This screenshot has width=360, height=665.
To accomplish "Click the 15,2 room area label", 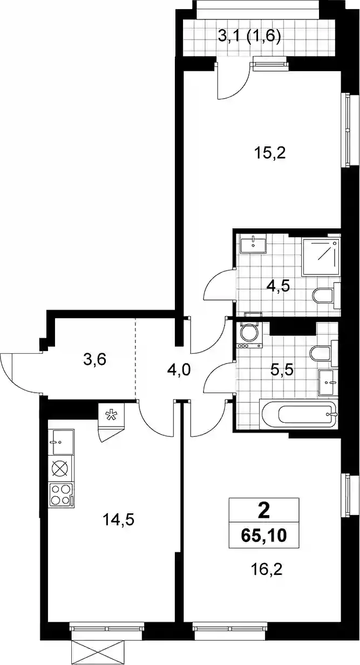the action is pos(270,154).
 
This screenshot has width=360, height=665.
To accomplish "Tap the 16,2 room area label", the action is pos(267,569).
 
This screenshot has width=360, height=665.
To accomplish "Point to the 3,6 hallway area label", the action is pos(95,360).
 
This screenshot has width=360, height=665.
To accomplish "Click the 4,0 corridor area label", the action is pos(179,370).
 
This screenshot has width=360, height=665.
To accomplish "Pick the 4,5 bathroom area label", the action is pos(279,287).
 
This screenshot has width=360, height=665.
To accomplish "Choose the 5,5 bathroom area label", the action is pos(282,370).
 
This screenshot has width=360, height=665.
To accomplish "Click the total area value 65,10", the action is pos(264,536).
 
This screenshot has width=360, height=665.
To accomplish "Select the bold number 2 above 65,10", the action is pos(264,511).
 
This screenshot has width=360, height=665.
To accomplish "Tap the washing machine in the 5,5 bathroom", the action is pos(249,335).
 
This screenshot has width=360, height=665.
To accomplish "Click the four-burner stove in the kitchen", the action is pos(61,495).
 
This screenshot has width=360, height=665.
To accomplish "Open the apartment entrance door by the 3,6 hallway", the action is pos(22,373).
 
